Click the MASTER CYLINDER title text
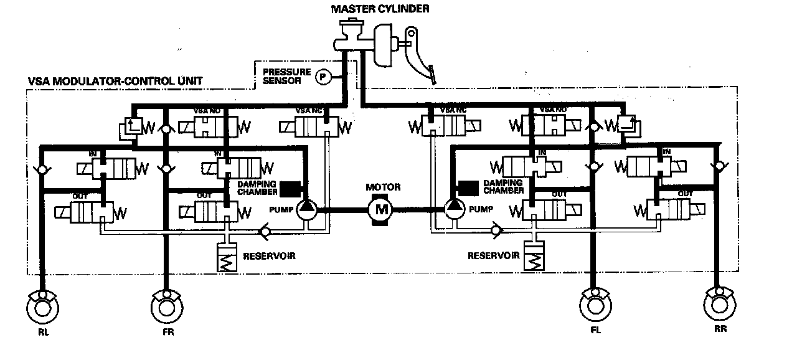[380, 8]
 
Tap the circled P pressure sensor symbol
[323, 77]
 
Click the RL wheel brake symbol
[42, 308]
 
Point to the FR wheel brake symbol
[166, 308]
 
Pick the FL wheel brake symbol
[595, 305]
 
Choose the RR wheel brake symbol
[719, 305]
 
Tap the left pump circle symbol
[306, 209]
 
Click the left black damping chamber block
[289, 187]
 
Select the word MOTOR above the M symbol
[383, 187]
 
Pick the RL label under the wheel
[43, 333]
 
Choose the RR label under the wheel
[720, 328]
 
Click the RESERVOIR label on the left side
[269, 255]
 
